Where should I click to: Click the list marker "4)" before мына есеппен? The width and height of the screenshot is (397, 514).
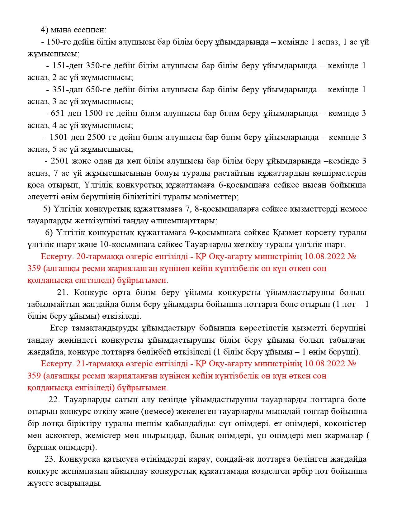pyautogui.click(x=45, y=30)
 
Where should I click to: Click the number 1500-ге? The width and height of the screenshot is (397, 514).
pyautogui.click(x=99, y=113)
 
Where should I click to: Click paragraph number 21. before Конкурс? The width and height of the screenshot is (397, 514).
pyautogui.click(x=63, y=293)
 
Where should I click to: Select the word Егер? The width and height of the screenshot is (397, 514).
pyautogui.click(x=59, y=328)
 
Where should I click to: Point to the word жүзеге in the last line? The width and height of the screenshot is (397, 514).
pyautogui.click(x=41, y=483)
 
